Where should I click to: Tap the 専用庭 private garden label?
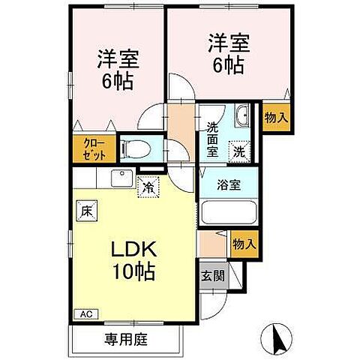pos(125,339)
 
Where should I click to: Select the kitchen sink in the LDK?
pos(120,178)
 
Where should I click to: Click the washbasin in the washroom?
pos(242,116)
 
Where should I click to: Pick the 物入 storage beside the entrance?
pos(244,244)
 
